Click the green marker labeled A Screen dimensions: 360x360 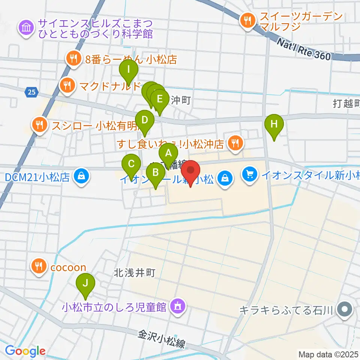pyautogui.click(x=168, y=153)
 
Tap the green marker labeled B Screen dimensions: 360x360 pyautogui.click(x=155, y=173)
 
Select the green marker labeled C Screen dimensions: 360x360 pyautogui.click(x=131, y=164)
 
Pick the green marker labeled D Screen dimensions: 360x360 pyautogui.click(x=145, y=120)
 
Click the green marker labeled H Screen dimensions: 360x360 pyautogui.click(x=274, y=124)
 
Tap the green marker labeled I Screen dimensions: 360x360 pyautogui.click(x=129, y=69)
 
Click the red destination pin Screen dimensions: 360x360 pyautogui.click(x=191, y=170)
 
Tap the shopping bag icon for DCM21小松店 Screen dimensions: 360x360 pyautogui.click(x=81, y=175)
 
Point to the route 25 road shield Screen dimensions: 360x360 pyautogui.click(x=31, y=91)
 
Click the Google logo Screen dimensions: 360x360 pyautogui.click(x=25, y=351)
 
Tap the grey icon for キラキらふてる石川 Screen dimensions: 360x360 pyautogui.click(x=344, y=310)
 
